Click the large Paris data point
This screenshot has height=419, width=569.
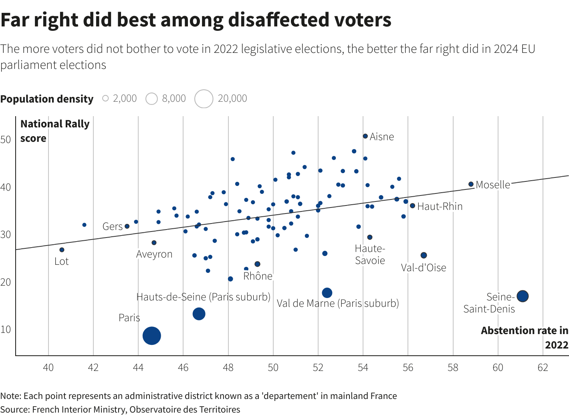[152, 336]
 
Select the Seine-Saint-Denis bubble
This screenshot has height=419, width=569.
[523, 296]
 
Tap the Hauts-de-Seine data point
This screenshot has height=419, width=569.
[199, 314]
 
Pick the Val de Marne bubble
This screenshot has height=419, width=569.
[327, 293]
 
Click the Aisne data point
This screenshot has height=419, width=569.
[365, 136]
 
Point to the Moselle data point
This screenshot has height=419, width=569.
[471, 184]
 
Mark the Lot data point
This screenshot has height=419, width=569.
[62, 250]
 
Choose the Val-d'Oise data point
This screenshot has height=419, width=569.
[424, 255]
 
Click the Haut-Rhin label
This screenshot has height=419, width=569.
[440, 206]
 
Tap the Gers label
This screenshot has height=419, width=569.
[112, 226]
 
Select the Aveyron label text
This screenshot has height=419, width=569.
[154, 254]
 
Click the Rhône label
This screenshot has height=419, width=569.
[258, 276]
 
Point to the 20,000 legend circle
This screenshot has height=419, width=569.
[204, 99]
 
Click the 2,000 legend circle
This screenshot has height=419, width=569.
[105, 98]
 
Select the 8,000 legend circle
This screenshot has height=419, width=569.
[151, 99]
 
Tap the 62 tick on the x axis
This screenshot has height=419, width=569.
[543, 367]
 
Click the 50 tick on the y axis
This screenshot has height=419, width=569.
[6, 139]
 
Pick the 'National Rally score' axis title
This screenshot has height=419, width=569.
[54, 131]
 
